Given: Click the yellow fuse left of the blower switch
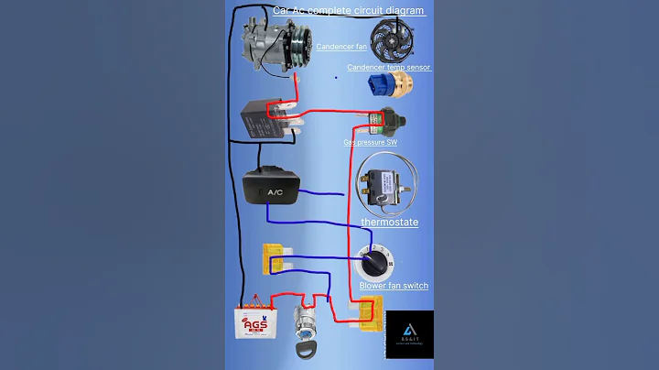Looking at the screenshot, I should (273, 259).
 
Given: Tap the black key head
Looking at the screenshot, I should (305, 350).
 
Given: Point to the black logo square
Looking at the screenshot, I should (408, 334).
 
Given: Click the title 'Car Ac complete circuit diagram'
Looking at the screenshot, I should (349, 10).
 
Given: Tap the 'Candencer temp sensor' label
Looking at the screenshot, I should (389, 67).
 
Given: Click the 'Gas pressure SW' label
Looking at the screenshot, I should (370, 143).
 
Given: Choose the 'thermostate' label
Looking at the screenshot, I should (389, 223).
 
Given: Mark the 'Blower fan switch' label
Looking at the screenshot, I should (394, 286).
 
